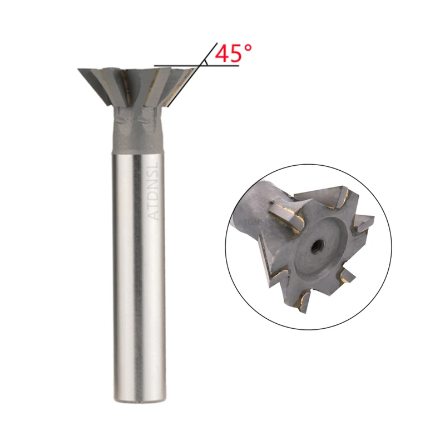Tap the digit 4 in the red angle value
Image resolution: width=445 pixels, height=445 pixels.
tap(221, 54)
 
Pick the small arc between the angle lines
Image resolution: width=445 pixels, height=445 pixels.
tap(206, 63)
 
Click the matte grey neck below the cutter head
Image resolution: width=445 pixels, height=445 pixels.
tap(139, 136)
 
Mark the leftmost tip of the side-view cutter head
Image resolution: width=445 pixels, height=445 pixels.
tap(79, 70)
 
